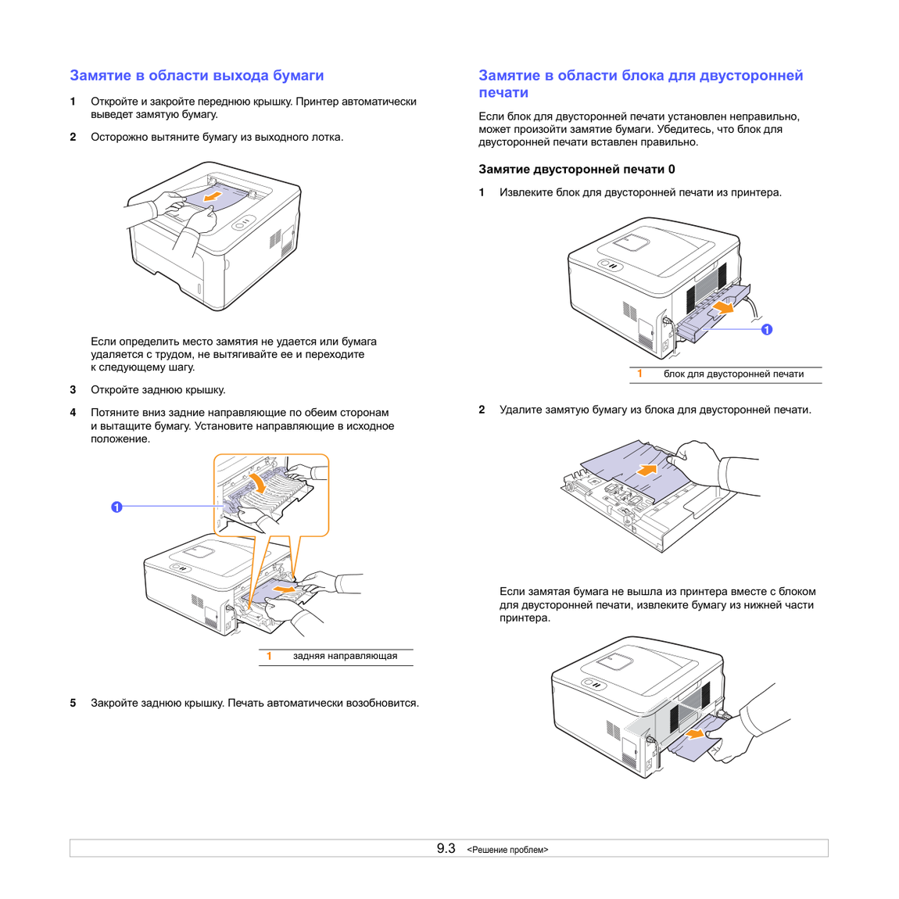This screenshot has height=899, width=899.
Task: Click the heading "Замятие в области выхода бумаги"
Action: [197, 76]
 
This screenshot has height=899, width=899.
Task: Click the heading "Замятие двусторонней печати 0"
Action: [577, 169]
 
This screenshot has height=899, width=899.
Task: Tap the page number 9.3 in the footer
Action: [446, 848]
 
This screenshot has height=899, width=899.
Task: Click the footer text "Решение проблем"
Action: [507, 850]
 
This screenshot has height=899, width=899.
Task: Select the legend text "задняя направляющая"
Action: [346, 656]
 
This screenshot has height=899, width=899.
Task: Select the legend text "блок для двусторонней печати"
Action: [734, 374]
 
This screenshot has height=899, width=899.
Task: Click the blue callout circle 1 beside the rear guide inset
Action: [116, 507]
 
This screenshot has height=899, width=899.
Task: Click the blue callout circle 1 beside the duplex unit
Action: [767, 330]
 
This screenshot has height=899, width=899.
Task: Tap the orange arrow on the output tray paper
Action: [212, 197]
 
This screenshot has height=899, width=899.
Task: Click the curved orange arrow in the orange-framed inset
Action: [258, 482]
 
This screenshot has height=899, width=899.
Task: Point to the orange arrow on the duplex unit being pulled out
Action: [723, 309]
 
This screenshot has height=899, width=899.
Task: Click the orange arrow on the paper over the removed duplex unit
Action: [646, 470]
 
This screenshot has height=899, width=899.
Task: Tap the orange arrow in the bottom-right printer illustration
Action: [695, 734]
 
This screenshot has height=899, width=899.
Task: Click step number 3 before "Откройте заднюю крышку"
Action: [73, 390]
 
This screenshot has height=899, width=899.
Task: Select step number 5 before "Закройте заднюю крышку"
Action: [73, 703]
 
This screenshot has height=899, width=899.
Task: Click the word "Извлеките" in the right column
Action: [526, 192]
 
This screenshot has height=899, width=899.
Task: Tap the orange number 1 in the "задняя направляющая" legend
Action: [269, 656]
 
